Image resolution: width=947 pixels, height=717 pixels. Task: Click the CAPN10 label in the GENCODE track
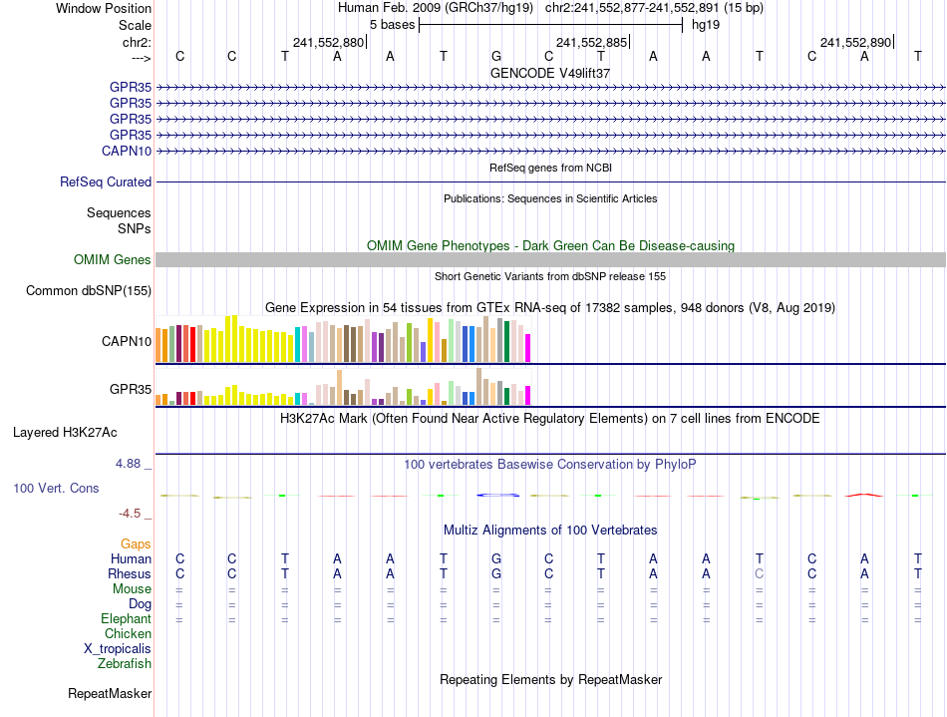pyautogui.click(x=127, y=151)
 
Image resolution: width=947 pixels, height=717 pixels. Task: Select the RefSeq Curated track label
pyautogui.click(x=106, y=182)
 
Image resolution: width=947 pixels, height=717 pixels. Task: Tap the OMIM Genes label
pyautogui.click(x=113, y=259)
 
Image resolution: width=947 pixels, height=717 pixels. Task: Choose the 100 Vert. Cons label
pyautogui.click(x=56, y=489)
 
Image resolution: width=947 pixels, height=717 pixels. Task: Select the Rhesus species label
pyautogui.click(x=130, y=574)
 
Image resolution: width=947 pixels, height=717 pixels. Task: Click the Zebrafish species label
pyautogui.click(x=125, y=663)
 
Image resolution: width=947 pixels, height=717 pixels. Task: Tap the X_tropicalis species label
pyautogui.click(x=118, y=648)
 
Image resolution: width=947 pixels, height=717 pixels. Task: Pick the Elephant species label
pyautogui.click(x=127, y=619)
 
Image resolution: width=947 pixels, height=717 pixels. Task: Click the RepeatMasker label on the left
pyautogui.click(x=110, y=693)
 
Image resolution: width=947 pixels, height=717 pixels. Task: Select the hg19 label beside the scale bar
pyautogui.click(x=706, y=24)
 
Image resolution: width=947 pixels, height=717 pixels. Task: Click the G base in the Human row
pyautogui.click(x=496, y=559)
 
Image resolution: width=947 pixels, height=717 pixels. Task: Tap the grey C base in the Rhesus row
pyautogui.click(x=760, y=574)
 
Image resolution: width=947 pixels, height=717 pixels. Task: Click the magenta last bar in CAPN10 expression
pyautogui.click(x=528, y=348)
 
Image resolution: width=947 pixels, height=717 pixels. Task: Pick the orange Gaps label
pyautogui.click(x=136, y=543)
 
